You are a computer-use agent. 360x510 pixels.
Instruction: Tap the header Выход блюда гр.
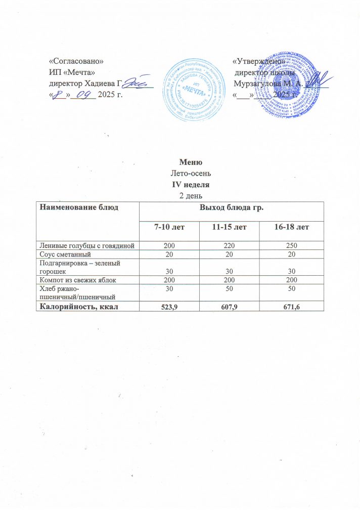pos(230,207)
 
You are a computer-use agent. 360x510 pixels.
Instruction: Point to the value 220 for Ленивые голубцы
pos(229,246)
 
